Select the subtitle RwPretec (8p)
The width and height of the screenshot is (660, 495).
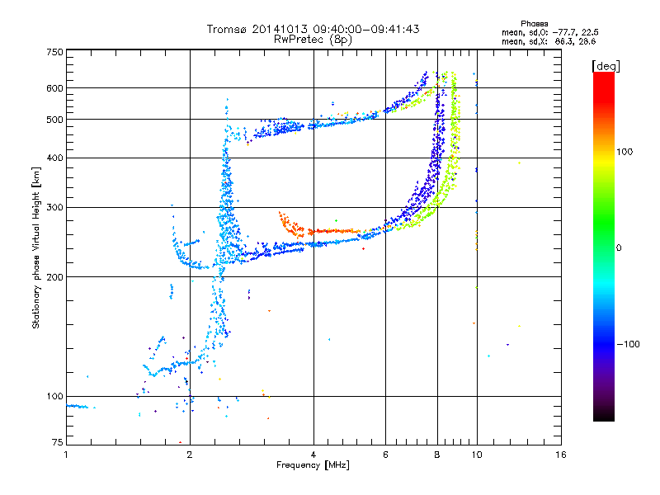click(313, 39)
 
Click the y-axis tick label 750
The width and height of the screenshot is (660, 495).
click(54, 52)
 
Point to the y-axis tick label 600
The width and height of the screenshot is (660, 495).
click(54, 87)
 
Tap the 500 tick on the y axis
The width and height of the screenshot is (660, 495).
click(54, 119)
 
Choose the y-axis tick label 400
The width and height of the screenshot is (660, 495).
click(54, 158)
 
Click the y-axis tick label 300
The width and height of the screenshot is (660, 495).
click(54, 207)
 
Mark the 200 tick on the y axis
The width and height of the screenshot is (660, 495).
click(54, 276)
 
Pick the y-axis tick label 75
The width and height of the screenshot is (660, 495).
click(57, 445)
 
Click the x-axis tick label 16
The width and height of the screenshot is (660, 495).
click(560, 455)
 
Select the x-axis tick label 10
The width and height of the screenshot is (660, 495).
click(476, 455)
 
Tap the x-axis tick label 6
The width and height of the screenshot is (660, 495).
click(385, 455)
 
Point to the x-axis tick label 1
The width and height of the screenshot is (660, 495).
click(66, 455)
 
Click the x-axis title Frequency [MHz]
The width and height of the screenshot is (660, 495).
click(313, 465)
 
